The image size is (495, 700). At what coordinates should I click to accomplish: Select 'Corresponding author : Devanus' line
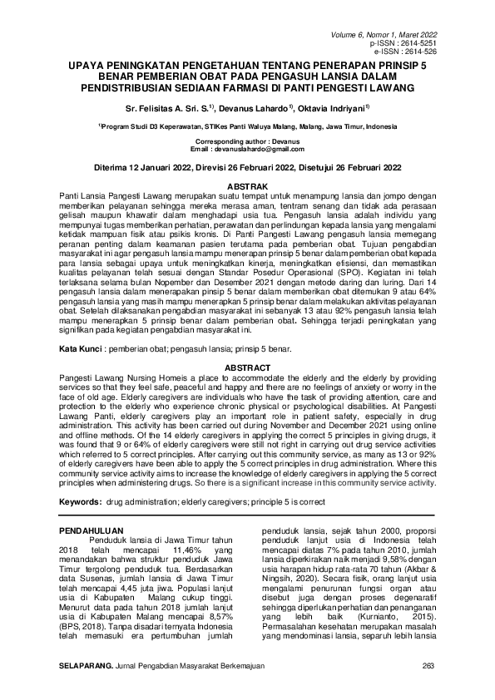pyautogui.click(x=247, y=142)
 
